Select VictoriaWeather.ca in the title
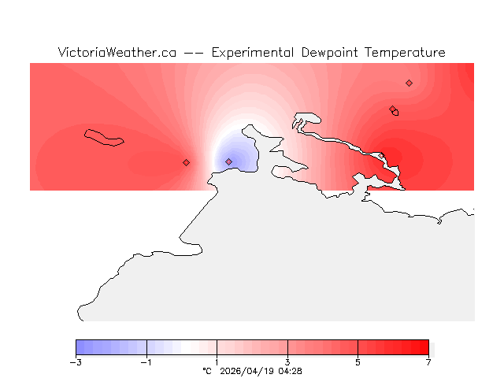117,53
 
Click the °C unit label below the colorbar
207,370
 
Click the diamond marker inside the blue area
228,161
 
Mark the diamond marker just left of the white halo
186,162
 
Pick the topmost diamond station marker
409,83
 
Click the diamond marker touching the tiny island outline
392,109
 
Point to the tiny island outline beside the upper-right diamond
395,113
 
